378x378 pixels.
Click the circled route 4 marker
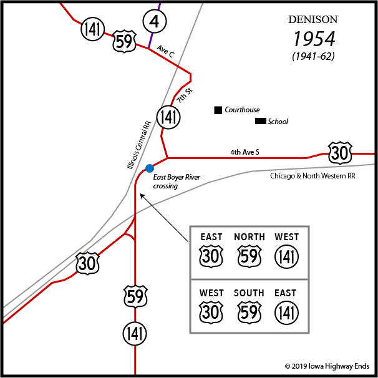154,21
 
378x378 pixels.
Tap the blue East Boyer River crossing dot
150,168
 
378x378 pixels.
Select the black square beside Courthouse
218,110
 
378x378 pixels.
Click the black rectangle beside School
260,121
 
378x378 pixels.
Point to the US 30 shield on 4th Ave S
340,152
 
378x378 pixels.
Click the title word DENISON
312,19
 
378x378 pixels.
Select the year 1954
314,39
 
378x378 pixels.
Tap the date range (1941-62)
313,56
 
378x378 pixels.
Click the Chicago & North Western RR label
312,177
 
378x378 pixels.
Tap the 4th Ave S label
245,152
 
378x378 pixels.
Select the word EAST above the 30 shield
211,237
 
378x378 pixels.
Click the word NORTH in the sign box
250,237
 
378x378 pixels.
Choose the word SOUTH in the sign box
250,293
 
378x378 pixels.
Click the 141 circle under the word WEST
287,257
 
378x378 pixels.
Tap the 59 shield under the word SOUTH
250,313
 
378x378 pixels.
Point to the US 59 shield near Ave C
124,42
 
